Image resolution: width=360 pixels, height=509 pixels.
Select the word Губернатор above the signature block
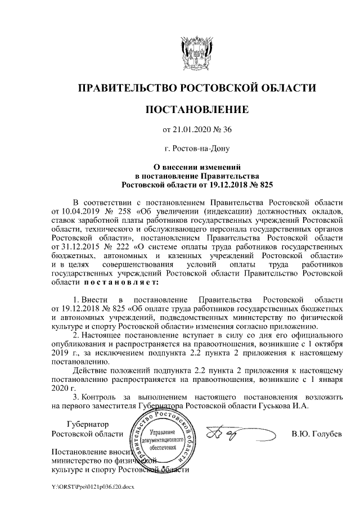point(86,424)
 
